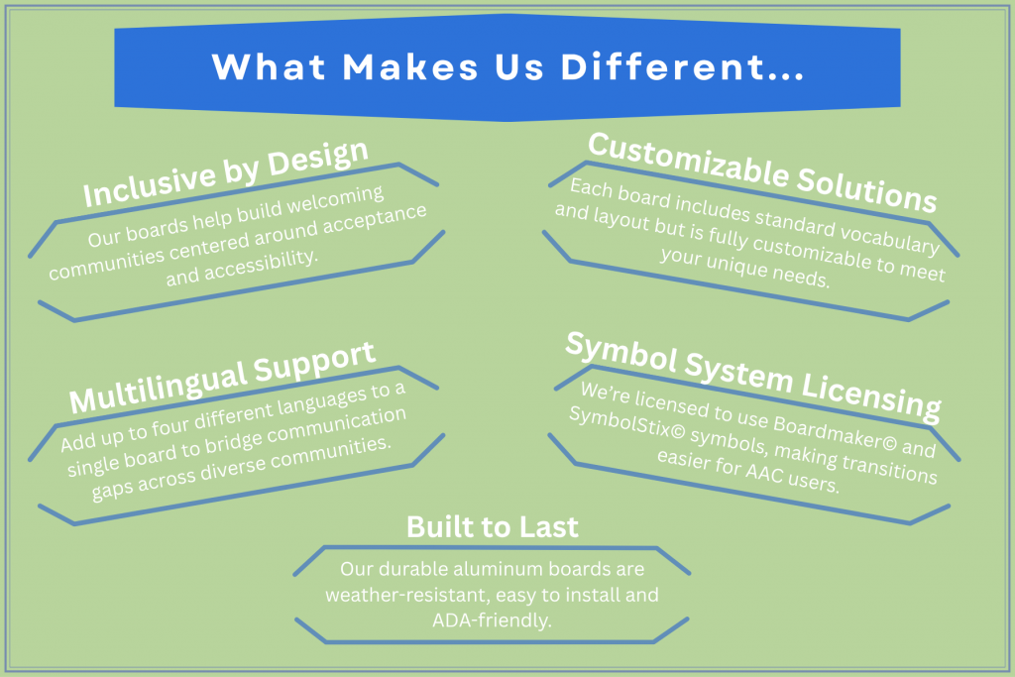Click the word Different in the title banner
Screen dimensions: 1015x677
[682, 66]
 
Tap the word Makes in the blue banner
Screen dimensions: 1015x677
[410, 66]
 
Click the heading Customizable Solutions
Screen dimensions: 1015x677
[762, 172]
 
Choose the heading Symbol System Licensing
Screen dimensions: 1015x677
[753, 376]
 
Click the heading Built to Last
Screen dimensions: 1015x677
[492, 527]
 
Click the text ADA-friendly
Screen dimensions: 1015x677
[492, 621]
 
